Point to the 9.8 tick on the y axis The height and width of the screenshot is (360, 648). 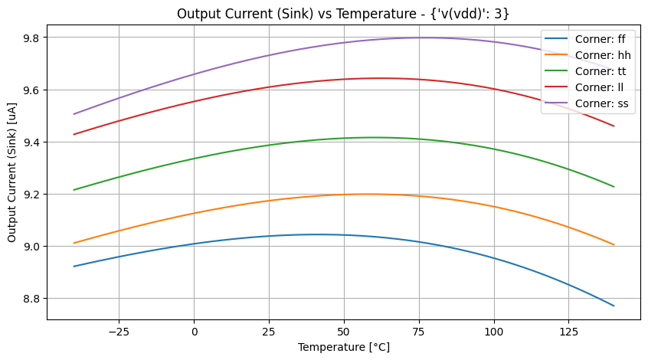32,38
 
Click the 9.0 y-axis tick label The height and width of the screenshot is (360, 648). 32,246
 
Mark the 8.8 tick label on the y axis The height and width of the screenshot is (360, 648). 32,298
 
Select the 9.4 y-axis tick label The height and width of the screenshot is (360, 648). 32,142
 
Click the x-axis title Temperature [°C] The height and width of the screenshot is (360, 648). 343,347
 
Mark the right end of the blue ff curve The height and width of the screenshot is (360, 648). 614,306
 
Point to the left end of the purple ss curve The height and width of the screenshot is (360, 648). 74,114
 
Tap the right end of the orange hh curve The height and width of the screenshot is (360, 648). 614,244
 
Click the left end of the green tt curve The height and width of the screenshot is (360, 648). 74,190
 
